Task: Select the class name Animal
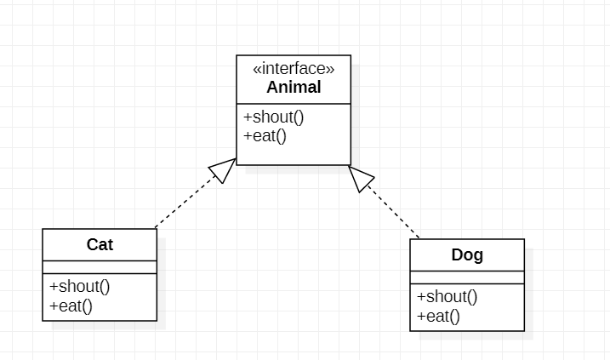pyautogui.click(x=294, y=88)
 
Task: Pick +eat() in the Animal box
pyautogui.click(x=265, y=135)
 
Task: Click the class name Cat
pyautogui.click(x=100, y=245)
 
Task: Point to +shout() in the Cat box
pyautogui.click(x=80, y=286)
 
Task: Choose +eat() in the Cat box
pyautogui.click(x=71, y=306)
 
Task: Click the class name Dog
pyautogui.click(x=467, y=254)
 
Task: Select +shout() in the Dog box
pyautogui.click(x=448, y=296)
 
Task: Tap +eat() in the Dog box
pyautogui.click(x=438, y=316)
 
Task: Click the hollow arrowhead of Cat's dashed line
pyautogui.click(x=224, y=170)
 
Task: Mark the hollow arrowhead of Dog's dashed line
pyautogui.click(x=361, y=177)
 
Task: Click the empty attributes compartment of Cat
pyautogui.click(x=100, y=266)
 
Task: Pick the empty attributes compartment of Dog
pyautogui.click(x=467, y=277)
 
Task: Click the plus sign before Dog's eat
pyautogui.click(x=421, y=316)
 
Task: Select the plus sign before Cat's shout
pyautogui.click(x=54, y=286)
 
